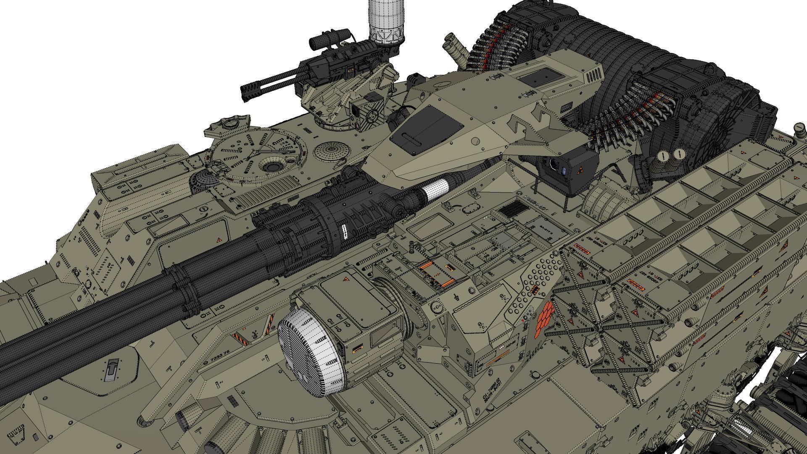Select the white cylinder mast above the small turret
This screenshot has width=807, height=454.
(386, 21)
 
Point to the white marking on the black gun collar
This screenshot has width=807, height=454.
(345, 231)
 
